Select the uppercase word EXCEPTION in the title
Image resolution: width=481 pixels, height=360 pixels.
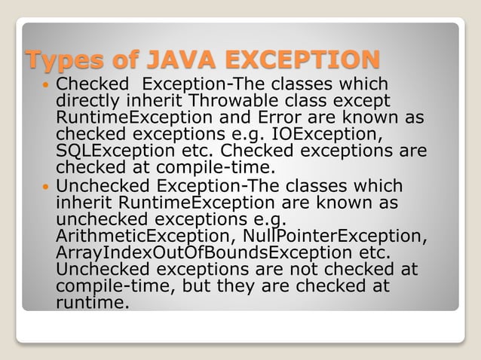click(x=302, y=58)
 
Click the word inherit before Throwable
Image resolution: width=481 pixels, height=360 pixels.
click(x=156, y=100)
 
